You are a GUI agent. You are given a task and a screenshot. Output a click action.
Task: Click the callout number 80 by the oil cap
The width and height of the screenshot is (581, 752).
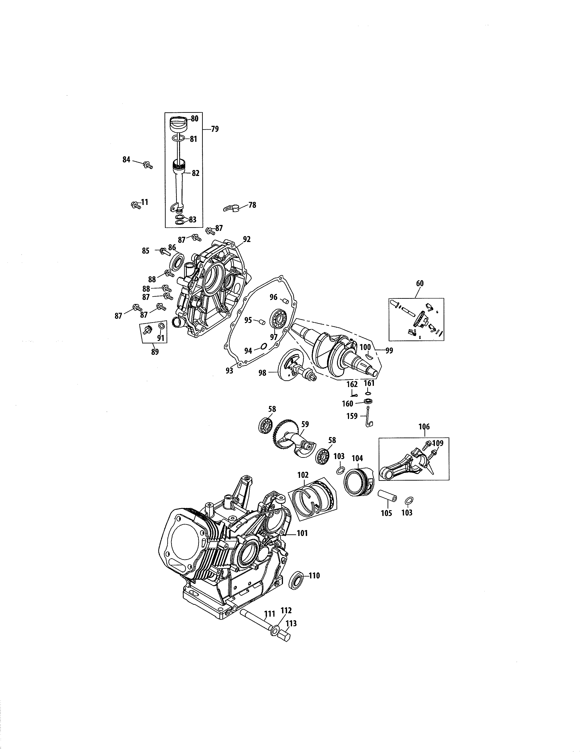pyautogui.click(x=195, y=118)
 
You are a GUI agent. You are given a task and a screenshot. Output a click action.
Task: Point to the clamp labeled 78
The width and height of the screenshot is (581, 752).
pyautogui.click(x=231, y=208)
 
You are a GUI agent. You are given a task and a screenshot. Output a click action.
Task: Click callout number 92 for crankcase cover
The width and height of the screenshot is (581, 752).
pyautogui.click(x=247, y=239)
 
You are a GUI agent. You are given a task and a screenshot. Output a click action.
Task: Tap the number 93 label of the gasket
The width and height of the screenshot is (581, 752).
pyautogui.click(x=229, y=371)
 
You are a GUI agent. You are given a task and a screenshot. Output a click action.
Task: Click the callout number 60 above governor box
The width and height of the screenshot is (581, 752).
pyautogui.click(x=420, y=283)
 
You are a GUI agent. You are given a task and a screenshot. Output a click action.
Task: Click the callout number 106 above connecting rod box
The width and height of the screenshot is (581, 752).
pyautogui.click(x=424, y=427)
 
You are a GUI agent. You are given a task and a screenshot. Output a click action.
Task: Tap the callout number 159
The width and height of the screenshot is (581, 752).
pyautogui.click(x=352, y=416)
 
